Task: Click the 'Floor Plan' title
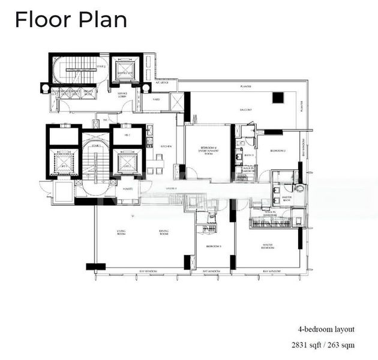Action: (71, 19)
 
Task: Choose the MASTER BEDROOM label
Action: (268, 246)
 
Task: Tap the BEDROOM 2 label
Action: (277, 150)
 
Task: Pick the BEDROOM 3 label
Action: (214, 246)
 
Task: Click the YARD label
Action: (155, 100)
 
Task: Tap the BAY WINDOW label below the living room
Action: (148, 272)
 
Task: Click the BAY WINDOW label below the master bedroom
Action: (272, 272)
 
